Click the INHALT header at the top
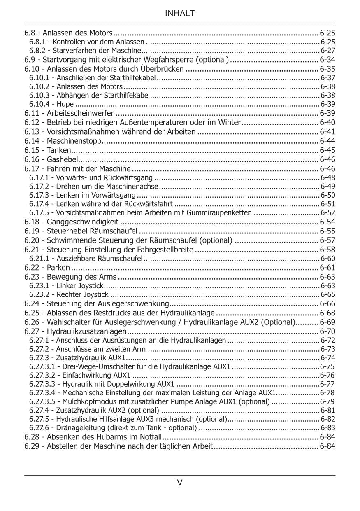(x=180, y=14)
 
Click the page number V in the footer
(x=180, y=483)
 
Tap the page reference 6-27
(x=328, y=51)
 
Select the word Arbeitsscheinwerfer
(x=80, y=113)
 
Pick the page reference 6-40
(x=327, y=122)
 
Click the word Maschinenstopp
(x=74, y=141)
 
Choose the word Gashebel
(x=62, y=159)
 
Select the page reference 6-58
(x=327, y=250)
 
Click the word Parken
(x=58, y=268)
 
